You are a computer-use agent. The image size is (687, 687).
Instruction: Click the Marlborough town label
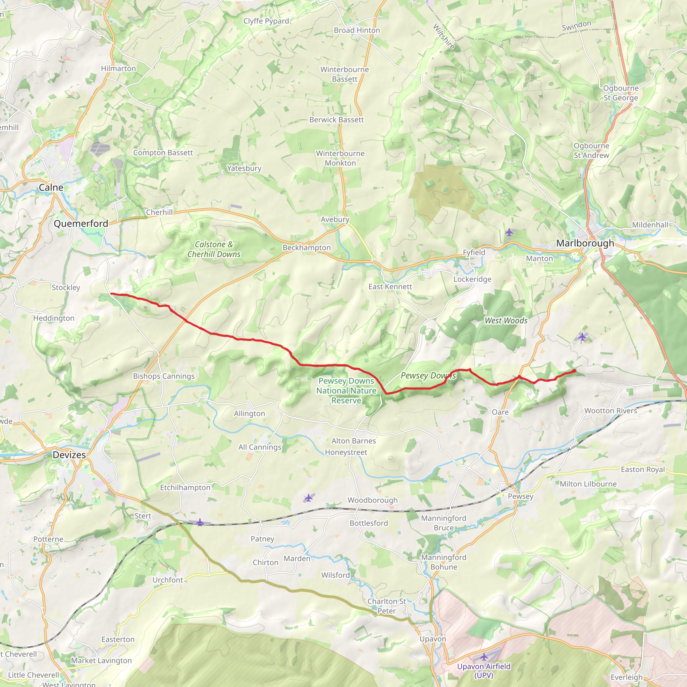click(585, 243)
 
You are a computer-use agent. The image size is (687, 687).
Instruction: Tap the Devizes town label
click(69, 455)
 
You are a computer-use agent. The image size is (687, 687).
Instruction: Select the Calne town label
click(51, 188)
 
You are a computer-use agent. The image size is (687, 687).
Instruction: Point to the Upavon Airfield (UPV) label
click(484, 671)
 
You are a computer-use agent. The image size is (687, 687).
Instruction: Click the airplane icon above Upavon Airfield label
click(484, 656)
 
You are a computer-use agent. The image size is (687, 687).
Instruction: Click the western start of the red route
click(111, 294)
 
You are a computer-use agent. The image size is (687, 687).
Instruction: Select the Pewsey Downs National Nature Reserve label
click(346, 390)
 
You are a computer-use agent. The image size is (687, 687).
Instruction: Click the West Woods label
click(506, 320)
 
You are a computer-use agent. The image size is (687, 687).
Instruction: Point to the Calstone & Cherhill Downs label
click(214, 249)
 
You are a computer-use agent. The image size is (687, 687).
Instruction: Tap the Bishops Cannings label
click(164, 376)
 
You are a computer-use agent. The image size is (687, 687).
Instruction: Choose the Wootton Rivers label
click(611, 411)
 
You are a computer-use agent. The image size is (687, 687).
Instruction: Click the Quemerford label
click(81, 223)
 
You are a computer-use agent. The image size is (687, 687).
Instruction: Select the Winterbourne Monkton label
click(340, 158)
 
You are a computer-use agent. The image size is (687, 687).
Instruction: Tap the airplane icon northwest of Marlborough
click(509, 232)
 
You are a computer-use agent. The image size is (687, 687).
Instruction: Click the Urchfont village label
click(167, 580)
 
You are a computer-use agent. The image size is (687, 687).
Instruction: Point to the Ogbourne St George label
click(621, 93)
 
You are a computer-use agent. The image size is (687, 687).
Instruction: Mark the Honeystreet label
click(346, 452)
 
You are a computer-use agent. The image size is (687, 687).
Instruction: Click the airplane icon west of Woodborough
click(308, 498)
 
